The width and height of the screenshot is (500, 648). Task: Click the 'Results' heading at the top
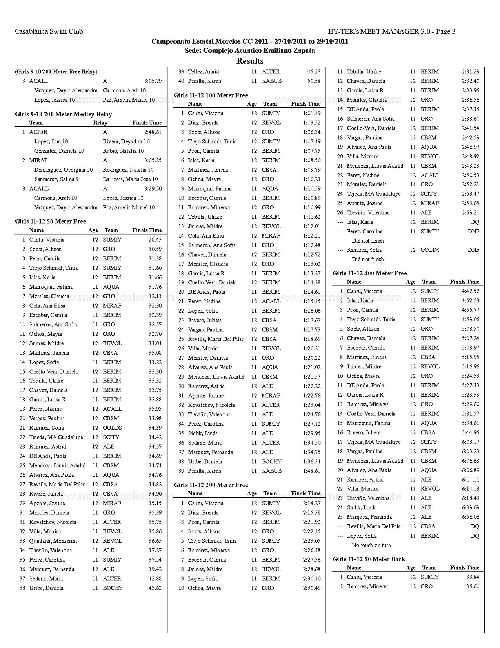point(250,61)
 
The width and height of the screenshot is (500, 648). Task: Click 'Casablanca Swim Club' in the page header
point(49,31)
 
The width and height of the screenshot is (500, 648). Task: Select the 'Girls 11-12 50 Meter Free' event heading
point(51,221)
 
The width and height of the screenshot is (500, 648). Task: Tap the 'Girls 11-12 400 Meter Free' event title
point(369,273)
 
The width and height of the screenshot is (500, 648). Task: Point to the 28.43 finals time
point(155,240)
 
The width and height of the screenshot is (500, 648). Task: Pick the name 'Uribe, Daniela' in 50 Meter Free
point(46,588)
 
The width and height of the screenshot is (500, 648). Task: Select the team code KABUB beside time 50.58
point(271,81)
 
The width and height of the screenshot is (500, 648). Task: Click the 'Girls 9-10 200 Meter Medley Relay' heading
point(63,114)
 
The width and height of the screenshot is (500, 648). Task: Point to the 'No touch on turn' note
point(371,545)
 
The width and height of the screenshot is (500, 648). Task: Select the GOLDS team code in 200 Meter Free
point(430,250)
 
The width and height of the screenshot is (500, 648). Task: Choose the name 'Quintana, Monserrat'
point(53,541)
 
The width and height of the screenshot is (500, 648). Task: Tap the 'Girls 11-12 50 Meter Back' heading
point(369,559)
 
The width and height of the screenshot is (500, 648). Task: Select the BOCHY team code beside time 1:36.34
point(271,462)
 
